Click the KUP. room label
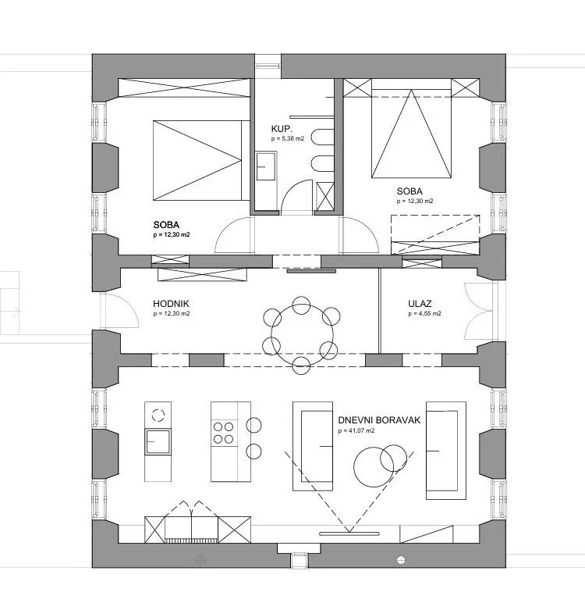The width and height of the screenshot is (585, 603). [282, 129]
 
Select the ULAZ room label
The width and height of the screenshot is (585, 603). [420, 304]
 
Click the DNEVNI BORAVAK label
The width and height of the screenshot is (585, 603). [379, 420]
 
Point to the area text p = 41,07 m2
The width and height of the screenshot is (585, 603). [356, 430]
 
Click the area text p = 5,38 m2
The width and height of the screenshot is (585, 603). [287, 138]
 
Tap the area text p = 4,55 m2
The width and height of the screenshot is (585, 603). [424, 313]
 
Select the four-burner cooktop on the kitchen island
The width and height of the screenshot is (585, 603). [224, 433]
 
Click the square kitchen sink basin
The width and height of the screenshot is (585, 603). [158, 442]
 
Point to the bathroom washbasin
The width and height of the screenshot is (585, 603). [266, 166]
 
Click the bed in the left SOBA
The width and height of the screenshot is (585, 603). [197, 160]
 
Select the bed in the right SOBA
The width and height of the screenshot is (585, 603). [411, 134]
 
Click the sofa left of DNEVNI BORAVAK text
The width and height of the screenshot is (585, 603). [313, 446]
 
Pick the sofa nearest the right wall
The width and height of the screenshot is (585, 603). [446, 451]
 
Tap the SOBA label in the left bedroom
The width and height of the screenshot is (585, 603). [166, 225]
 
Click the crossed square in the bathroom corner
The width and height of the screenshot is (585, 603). [325, 197]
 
